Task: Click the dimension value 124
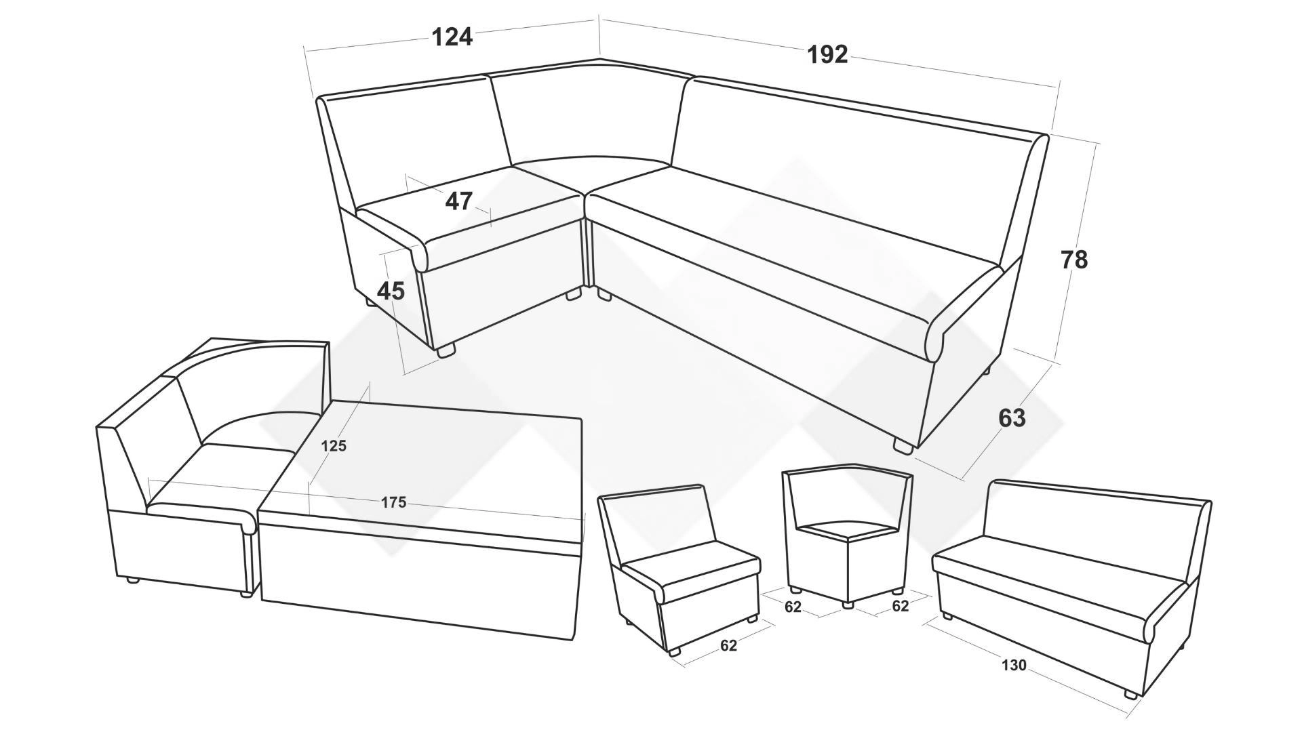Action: [452, 37]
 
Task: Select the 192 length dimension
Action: [827, 54]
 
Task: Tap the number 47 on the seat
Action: [459, 201]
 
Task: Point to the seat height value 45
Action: [391, 291]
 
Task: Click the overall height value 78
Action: [1074, 260]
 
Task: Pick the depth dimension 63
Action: [1012, 419]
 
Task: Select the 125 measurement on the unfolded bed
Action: [334, 446]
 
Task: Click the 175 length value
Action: [393, 502]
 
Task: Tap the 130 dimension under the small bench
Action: [1014, 666]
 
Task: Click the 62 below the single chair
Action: [728, 646]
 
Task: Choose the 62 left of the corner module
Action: [793, 607]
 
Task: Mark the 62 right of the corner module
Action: [900, 607]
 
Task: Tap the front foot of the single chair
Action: [674, 651]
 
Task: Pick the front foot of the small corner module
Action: [847, 604]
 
